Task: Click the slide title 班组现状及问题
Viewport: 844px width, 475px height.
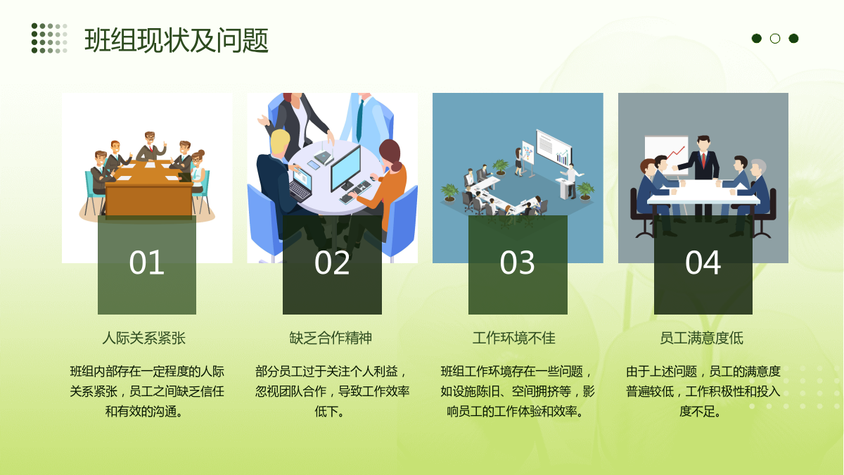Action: [x=177, y=40]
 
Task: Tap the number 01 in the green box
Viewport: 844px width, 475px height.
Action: [x=146, y=262]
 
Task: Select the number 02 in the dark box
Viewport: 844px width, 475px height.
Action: [x=332, y=262]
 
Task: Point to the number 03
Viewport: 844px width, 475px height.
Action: [x=518, y=262]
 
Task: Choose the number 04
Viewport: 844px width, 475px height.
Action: [x=703, y=262]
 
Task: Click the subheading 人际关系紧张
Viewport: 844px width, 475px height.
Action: [x=144, y=338]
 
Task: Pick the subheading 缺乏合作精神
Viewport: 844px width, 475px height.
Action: [x=331, y=338]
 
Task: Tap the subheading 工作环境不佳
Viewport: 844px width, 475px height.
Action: [x=514, y=338]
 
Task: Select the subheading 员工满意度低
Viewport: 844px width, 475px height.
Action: [x=702, y=338]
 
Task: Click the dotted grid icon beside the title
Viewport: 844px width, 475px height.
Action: [x=49, y=38]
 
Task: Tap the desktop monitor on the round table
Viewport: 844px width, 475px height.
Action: [x=346, y=168]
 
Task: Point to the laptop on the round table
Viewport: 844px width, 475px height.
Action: [x=302, y=184]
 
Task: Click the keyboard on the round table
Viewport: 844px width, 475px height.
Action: [x=355, y=192]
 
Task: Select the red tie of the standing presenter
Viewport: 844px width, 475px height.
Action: [x=703, y=160]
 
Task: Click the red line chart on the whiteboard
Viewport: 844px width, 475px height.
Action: [x=676, y=152]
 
